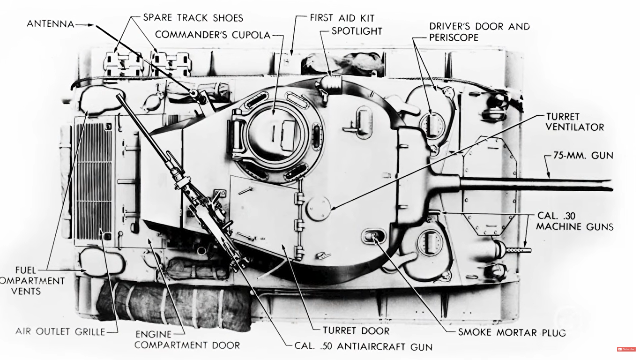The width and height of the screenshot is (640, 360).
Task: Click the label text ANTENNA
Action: click(51, 24)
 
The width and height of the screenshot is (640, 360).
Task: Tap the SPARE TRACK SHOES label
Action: click(193, 18)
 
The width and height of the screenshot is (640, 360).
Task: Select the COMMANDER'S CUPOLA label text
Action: click(213, 35)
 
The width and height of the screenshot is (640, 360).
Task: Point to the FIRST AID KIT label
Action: click(342, 18)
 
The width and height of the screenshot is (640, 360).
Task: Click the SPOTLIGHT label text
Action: click(357, 31)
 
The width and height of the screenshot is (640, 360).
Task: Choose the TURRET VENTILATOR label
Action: click(575, 122)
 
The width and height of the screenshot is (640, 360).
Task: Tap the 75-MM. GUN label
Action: click(583, 155)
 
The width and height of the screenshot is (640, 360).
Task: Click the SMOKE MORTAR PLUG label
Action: click(512, 332)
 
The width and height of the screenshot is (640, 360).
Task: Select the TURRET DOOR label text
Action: click(356, 331)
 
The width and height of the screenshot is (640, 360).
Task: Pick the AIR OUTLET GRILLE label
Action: click(60, 332)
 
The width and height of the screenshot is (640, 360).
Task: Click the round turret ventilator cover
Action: click(318, 209)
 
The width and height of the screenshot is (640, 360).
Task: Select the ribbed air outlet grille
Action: click(94, 181)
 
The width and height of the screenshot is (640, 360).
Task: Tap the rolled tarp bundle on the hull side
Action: click(174, 304)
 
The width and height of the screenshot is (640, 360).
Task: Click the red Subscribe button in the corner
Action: click(626, 349)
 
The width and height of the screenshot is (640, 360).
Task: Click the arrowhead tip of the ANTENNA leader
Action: click(93, 25)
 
